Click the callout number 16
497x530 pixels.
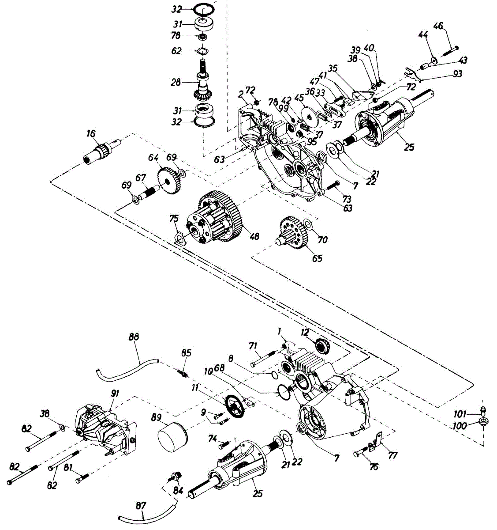[x=91, y=133]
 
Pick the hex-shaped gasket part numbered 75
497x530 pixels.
[x=181, y=237]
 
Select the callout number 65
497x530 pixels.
[x=317, y=258]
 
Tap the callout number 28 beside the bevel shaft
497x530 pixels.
[x=176, y=82]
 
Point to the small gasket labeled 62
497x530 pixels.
[x=202, y=51]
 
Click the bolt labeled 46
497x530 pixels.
[x=450, y=52]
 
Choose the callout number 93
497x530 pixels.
[x=458, y=74]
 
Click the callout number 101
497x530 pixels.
[x=460, y=414]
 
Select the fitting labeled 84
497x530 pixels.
[x=175, y=476]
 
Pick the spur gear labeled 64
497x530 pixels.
[x=170, y=180]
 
